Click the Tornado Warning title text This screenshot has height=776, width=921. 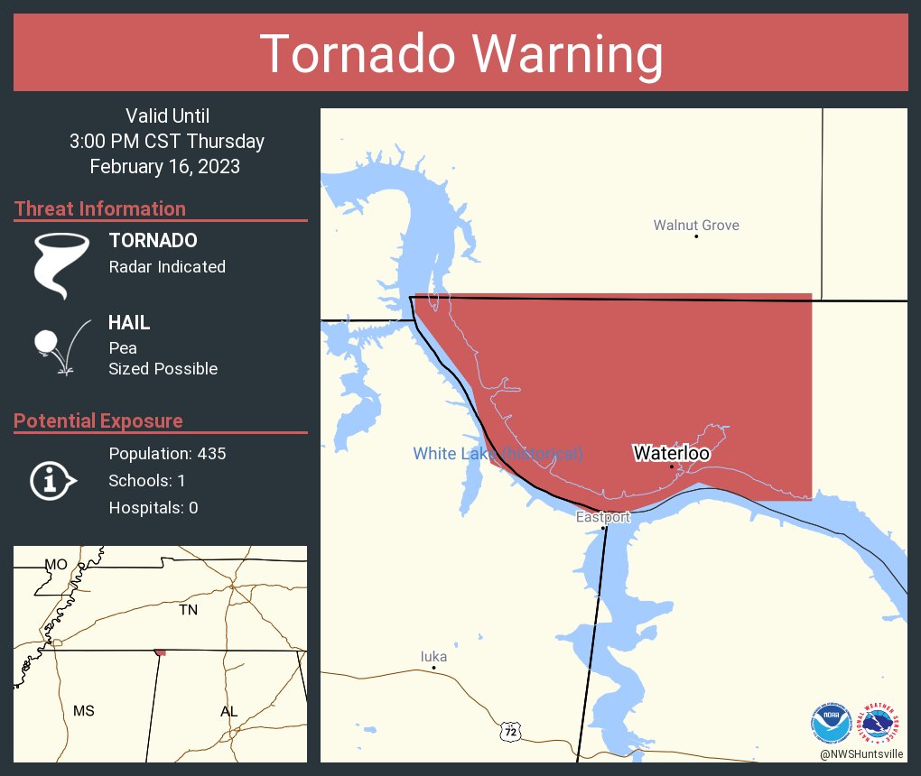click(x=461, y=54)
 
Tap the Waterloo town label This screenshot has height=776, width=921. click(x=671, y=453)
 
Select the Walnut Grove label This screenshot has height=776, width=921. click(x=696, y=225)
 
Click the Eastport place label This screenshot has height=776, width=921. click(x=603, y=517)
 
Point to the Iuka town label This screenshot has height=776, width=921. click(x=433, y=657)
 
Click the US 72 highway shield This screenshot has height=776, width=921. click(x=511, y=730)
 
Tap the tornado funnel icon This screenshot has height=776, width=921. click(x=60, y=264)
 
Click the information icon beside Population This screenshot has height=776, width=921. click(x=53, y=480)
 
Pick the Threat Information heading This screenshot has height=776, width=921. click(x=100, y=208)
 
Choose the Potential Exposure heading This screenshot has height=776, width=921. click(x=98, y=420)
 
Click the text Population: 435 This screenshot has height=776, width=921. click(x=167, y=453)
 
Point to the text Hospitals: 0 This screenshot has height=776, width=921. click(x=153, y=508)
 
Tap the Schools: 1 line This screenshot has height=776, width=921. click(x=147, y=481)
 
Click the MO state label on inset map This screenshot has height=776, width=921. click(x=56, y=564)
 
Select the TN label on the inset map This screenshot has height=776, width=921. click(x=188, y=610)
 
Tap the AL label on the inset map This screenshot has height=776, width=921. click(x=228, y=711)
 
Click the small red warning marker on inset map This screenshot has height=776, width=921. click(x=160, y=651)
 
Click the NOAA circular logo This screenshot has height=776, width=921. click(x=832, y=722)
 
